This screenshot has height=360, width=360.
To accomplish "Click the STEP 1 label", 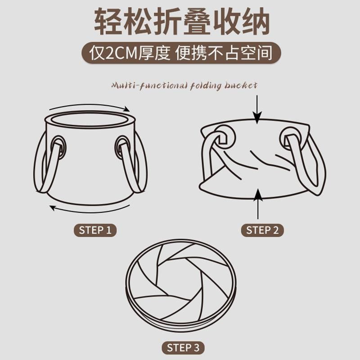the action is tap(95, 230).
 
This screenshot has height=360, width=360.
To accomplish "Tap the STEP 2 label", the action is tap(262, 230).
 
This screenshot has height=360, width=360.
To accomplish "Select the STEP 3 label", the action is tap(183, 347).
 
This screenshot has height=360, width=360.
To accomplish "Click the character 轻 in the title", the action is tap(108, 21).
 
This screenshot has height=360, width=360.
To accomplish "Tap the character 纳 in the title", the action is tap(255, 21).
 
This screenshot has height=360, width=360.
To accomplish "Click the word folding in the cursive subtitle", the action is tap(206, 86).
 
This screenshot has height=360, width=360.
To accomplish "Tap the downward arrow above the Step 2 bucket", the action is tap(257, 109).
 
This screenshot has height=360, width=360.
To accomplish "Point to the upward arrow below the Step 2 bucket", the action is tap(258, 204).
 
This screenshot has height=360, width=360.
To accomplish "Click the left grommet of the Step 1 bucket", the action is tap(59, 148).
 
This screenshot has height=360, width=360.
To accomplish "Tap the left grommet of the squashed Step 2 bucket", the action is tap(225, 138).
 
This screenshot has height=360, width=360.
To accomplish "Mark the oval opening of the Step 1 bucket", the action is tap(90, 120).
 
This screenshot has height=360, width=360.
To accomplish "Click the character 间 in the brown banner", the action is tap(265, 53).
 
